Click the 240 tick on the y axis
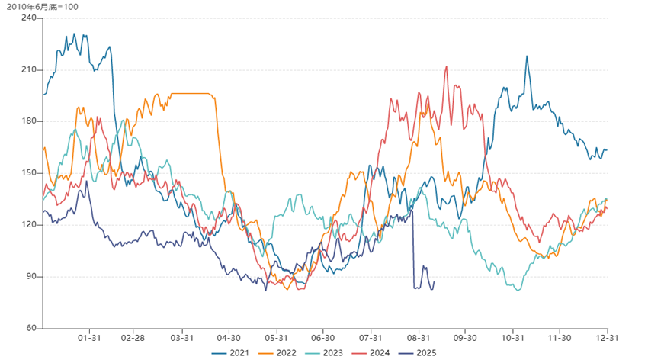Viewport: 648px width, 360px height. pos(29,18)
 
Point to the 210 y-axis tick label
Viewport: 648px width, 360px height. pos(29,69)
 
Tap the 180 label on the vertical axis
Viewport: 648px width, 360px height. pos(29,121)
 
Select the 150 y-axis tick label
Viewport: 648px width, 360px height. pos(29,173)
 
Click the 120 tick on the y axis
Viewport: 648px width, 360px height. pos(29,225)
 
